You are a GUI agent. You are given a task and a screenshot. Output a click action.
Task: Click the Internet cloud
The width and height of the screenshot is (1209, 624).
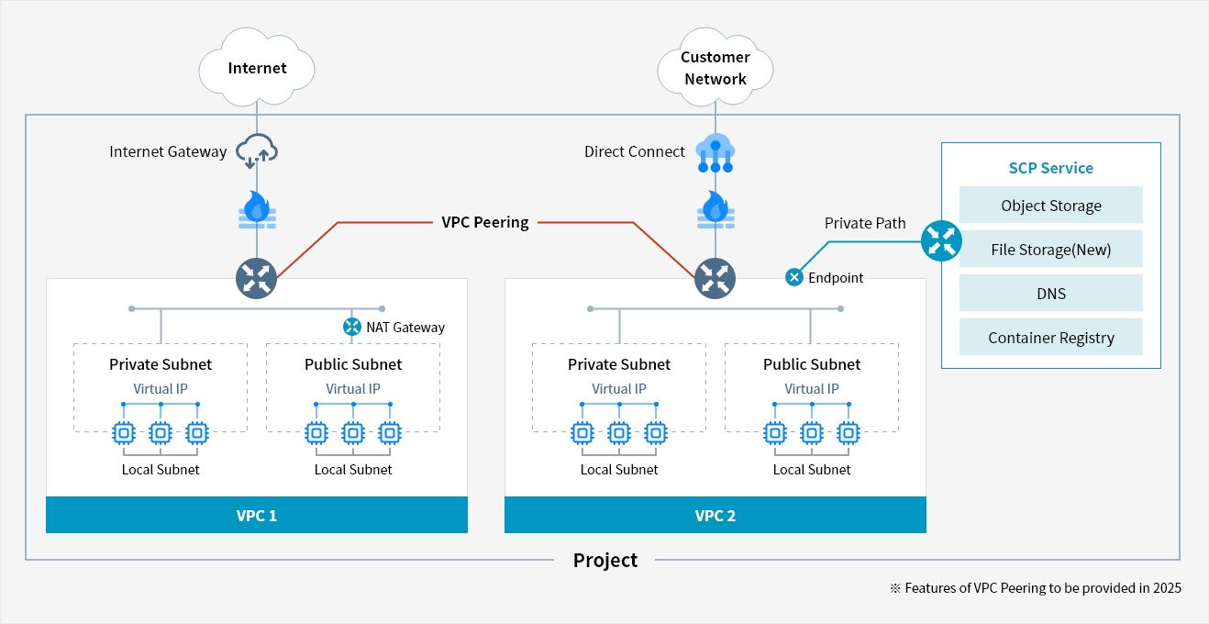click(256, 67)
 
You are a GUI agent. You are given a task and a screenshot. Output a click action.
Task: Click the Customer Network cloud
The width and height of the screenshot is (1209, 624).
click(715, 67)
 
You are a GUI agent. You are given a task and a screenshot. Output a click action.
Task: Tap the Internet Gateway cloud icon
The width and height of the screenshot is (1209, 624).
click(257, 150)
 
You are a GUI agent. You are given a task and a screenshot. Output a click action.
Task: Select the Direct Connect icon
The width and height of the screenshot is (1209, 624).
click(715, 152)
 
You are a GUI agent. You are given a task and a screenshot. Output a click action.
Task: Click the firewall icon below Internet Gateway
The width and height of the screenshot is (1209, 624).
click(257, 210)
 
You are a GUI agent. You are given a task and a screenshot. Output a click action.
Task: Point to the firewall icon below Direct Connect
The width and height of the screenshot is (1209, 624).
click(715, 210)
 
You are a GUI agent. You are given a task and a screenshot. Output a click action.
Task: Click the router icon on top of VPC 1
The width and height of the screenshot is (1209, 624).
click(256, 279)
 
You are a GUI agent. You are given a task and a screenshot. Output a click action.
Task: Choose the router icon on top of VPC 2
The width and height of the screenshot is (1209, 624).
click(715, 279)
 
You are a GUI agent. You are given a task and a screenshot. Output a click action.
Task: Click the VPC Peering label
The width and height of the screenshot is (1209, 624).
click(484, 222)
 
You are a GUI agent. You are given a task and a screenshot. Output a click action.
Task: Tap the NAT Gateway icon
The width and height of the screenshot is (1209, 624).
click(352, 327)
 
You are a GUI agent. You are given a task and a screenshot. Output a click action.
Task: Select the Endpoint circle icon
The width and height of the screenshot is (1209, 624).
click(794, 277)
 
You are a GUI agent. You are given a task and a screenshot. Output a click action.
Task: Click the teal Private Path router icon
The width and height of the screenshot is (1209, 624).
click(941, 240)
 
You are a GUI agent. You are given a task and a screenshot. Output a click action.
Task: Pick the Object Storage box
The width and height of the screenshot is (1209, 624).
click(1051, 205)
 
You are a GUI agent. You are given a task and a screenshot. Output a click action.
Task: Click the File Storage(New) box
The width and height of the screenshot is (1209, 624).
click(1051, 249)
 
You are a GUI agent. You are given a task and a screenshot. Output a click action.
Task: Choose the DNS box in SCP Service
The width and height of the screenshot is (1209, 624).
click(1051, 293)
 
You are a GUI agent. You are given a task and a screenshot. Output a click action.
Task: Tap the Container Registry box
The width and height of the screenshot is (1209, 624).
click(1051, 337)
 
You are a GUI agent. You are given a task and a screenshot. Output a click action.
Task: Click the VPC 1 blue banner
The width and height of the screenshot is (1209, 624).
click(256, 515)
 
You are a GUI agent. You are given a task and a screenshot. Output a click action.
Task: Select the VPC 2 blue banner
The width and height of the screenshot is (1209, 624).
click(715, 515)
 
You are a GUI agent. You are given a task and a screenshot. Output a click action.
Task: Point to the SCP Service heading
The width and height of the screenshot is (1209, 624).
click(1051, 168)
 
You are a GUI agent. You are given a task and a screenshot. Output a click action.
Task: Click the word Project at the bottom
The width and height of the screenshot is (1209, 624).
click(605, 561)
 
